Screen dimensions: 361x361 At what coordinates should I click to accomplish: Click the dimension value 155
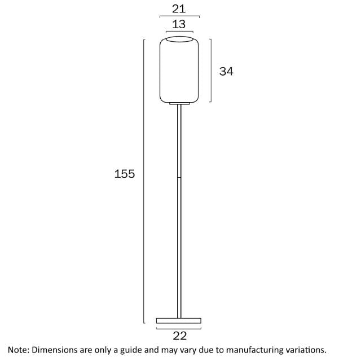(x=125, y=174)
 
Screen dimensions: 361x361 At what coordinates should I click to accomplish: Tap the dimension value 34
(x=226, y=71)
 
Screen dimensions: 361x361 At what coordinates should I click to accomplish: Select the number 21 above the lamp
(x=179, y=8)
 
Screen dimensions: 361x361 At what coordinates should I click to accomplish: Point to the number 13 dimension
(x=179, y=24)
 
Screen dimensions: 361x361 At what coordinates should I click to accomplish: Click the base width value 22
(x=179, y=336)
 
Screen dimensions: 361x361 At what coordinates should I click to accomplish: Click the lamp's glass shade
(x=179, y=71)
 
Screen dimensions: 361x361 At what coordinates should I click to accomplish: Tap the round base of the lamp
(x=179, y=321)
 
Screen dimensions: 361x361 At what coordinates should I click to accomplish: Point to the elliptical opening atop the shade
(x=179, y=39)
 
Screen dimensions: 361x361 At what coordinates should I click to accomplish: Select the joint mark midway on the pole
(x=179, y=178)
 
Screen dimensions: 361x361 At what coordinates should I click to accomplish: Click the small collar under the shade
(x=179, y=104)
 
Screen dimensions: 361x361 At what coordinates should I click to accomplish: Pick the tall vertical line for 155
(x=144, y=180)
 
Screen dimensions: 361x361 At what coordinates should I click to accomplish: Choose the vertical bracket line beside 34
(x=211, y=71)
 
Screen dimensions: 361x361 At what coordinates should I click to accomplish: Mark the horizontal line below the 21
(x=179, y=17)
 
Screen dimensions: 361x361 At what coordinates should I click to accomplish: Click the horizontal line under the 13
(x=179, y=32)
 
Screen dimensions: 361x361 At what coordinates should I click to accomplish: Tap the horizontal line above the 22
(x=179, y=328)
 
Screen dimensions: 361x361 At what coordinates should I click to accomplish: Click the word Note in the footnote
(x=17, y=350)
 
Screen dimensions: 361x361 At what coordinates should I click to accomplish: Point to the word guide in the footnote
(x=130, y=350)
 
